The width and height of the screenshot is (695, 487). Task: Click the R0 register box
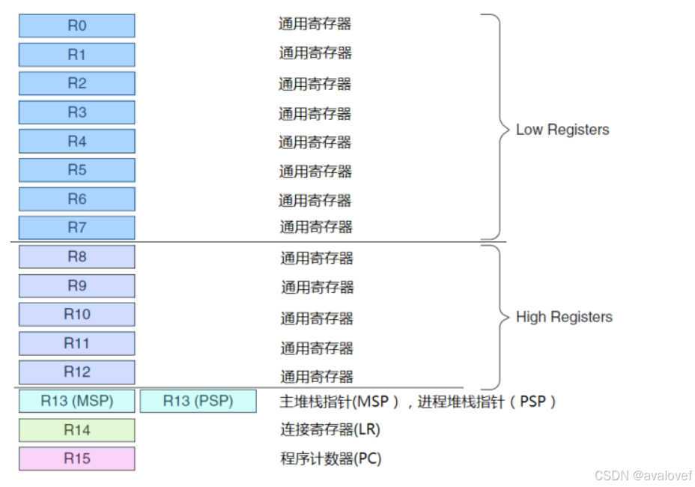click(x=76, y=25)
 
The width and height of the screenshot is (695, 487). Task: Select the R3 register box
click(x=76, y=112)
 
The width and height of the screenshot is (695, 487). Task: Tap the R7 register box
click(x=76, y=228)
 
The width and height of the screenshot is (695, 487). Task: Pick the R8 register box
click(x=76, y=257)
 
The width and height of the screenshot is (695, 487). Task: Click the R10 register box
click(x=76, y=315)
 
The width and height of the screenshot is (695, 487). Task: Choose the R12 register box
click(x=76, y=372)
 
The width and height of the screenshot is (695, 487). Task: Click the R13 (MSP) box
click(x=76, y=401)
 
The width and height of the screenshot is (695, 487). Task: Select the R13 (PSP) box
click(x=198, y=401)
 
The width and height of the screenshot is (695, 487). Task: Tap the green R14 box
click(x=76, y=430)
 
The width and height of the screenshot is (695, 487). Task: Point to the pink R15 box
click(x=76, y=459)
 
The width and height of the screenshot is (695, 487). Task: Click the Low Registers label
click(x=562, y=130)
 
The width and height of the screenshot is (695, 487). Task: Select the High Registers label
click(x=564, y=317)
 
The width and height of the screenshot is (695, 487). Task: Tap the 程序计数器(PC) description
click(x=331, y=459)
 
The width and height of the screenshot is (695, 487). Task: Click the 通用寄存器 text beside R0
click(x=315, y=23)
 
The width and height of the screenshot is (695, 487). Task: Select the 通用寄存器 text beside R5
click(x=315, y=172)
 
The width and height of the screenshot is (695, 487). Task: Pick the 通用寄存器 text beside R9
click(x=317, y=287)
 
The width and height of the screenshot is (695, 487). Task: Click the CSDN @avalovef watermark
click(x=643, y=475)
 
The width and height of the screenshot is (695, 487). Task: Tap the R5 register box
click(x=76, y=170)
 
